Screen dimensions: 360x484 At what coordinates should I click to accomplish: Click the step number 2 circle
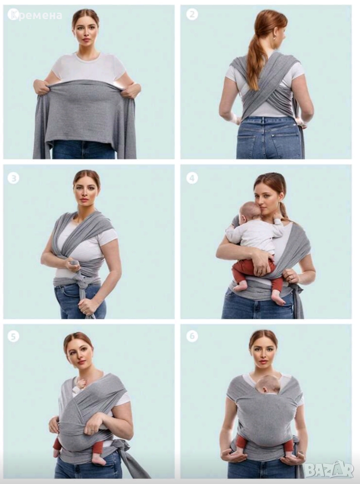point(192,15)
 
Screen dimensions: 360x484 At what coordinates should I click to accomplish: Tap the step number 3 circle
point(13,178)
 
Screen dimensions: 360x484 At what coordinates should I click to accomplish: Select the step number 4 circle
point(192,178)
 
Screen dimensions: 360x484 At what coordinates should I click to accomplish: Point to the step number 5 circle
point(13,336)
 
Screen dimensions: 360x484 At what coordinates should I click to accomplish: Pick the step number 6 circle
point(192,336)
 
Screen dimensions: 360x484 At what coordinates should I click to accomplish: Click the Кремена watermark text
point(35,15)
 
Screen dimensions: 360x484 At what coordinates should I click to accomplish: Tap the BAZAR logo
point(329,470)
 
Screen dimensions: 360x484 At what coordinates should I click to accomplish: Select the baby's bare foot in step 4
point(278,297)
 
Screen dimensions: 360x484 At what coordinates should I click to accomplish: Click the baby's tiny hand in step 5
point(81,384)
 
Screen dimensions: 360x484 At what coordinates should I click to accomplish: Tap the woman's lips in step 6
point(263,361)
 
